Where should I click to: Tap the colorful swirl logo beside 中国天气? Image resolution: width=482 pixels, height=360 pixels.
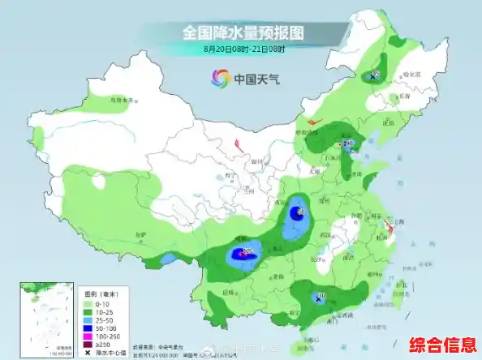221,79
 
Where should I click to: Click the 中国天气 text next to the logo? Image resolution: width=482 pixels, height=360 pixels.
256,79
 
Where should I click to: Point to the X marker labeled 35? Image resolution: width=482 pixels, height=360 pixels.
372,76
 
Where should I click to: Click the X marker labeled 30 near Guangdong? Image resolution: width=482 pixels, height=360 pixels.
318,298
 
